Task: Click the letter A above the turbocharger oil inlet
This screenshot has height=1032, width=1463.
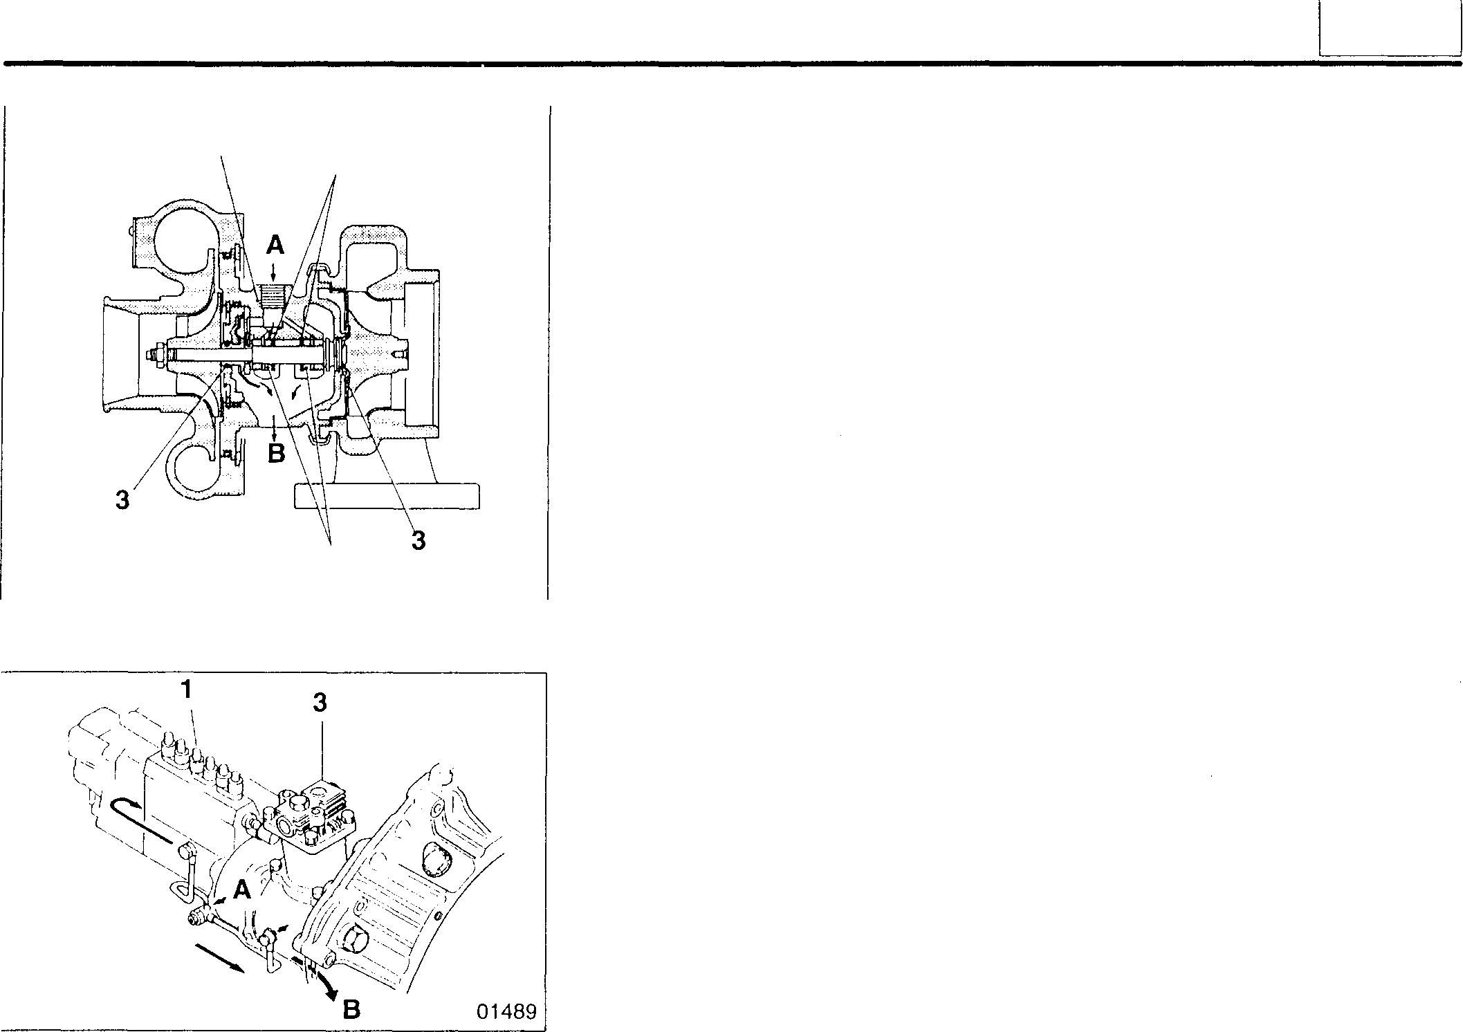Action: pyautogui.click(x=275, y=244)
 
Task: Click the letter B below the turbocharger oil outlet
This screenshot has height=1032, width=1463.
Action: pyautogui.click(x=276, y=454)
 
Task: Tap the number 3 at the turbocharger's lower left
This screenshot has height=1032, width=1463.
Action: pyautogui.click(x=122, y=499)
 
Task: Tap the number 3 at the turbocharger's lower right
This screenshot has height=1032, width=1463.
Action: pyautogui.click(x=418, y=540)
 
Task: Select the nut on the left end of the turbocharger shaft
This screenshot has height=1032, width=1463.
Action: pyautogui.click(x=153, y=356)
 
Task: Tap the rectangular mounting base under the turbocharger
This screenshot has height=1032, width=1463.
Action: pyautogui.click(x=387, y=496)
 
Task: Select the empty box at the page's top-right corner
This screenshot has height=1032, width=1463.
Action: pyautogui.click(x=1389, y=28)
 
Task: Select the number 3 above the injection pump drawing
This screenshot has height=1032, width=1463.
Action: pyautogui.click(x=319, y=703)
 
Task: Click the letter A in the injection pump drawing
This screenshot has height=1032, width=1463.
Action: pyautogui.click(x=241, y=890)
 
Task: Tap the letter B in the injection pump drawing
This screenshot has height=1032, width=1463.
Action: pyautogui.click(x=351, y=1010)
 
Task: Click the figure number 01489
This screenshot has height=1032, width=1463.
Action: pyautogui.click(x=506, y=1011)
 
